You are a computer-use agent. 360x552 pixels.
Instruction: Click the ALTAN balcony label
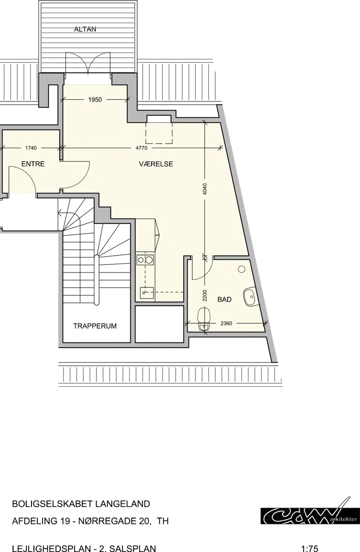85,29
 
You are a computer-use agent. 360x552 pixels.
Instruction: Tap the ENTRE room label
33,164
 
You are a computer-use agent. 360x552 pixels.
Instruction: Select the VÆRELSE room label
156,164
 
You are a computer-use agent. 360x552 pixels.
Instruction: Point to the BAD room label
224,299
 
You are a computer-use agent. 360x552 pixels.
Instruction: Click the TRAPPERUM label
95,326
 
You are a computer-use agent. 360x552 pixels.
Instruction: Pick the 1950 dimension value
95,100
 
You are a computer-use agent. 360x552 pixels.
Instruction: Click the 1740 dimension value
31,148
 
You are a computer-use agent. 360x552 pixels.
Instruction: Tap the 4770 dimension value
142,148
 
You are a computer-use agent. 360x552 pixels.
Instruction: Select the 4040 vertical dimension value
205,189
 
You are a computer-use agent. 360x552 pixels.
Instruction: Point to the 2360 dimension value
226,323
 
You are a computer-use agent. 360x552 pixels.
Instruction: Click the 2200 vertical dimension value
205,296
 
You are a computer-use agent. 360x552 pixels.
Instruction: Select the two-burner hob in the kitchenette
145,259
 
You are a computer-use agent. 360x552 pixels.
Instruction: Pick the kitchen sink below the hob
147,293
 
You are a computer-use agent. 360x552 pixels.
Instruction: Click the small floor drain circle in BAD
242,269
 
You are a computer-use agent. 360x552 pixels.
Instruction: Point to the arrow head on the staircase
59,212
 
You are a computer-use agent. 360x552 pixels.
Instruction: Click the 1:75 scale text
310,548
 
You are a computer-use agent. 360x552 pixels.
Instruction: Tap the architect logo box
310,516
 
